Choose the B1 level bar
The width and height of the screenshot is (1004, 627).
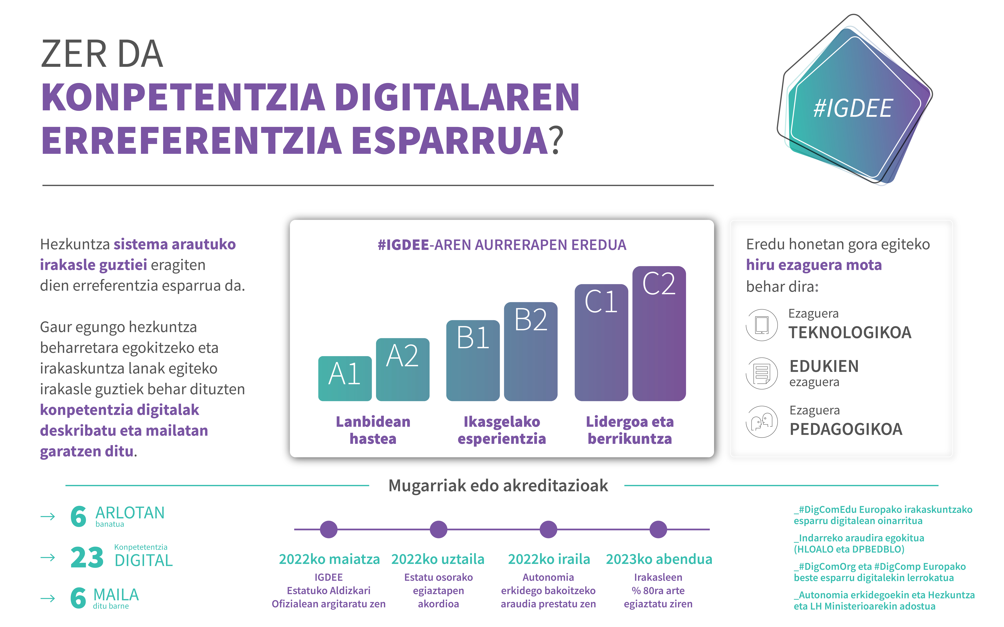coord(473,360)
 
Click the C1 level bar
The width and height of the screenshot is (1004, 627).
coord(601,342)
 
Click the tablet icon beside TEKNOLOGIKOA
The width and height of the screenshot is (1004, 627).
coord(762,325)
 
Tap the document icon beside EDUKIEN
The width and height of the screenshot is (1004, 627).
coord(762,373)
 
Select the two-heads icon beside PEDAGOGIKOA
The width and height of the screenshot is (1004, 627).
coord(762,422)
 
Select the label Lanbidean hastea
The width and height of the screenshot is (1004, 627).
coord(373,430)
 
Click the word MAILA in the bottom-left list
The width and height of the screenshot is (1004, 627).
coord(116,595)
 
